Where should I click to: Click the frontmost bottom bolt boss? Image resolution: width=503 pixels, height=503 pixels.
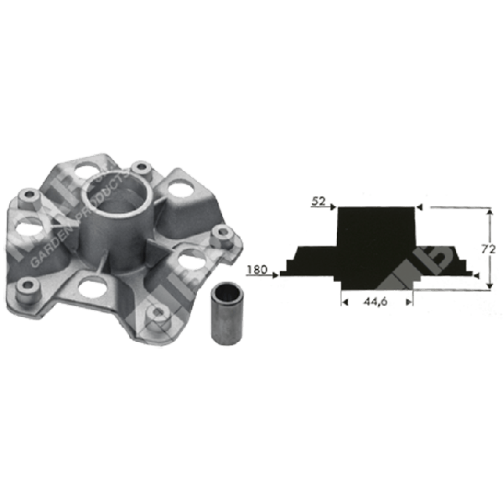coord(153,316)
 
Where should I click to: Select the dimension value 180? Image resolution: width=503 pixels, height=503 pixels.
coord(258,271)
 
